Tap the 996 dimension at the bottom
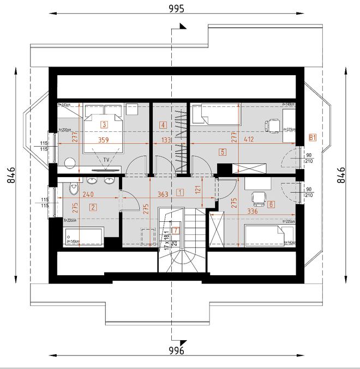[x=177, y=350]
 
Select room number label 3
[x=104, y=124]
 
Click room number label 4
[x=163, y=125]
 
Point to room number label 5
[x=221, y=153]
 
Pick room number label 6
[x=271, y=205]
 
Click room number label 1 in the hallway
[x=181, y=192]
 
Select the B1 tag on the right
[x=313, y=137]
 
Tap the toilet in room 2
[x=73, y=189]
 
